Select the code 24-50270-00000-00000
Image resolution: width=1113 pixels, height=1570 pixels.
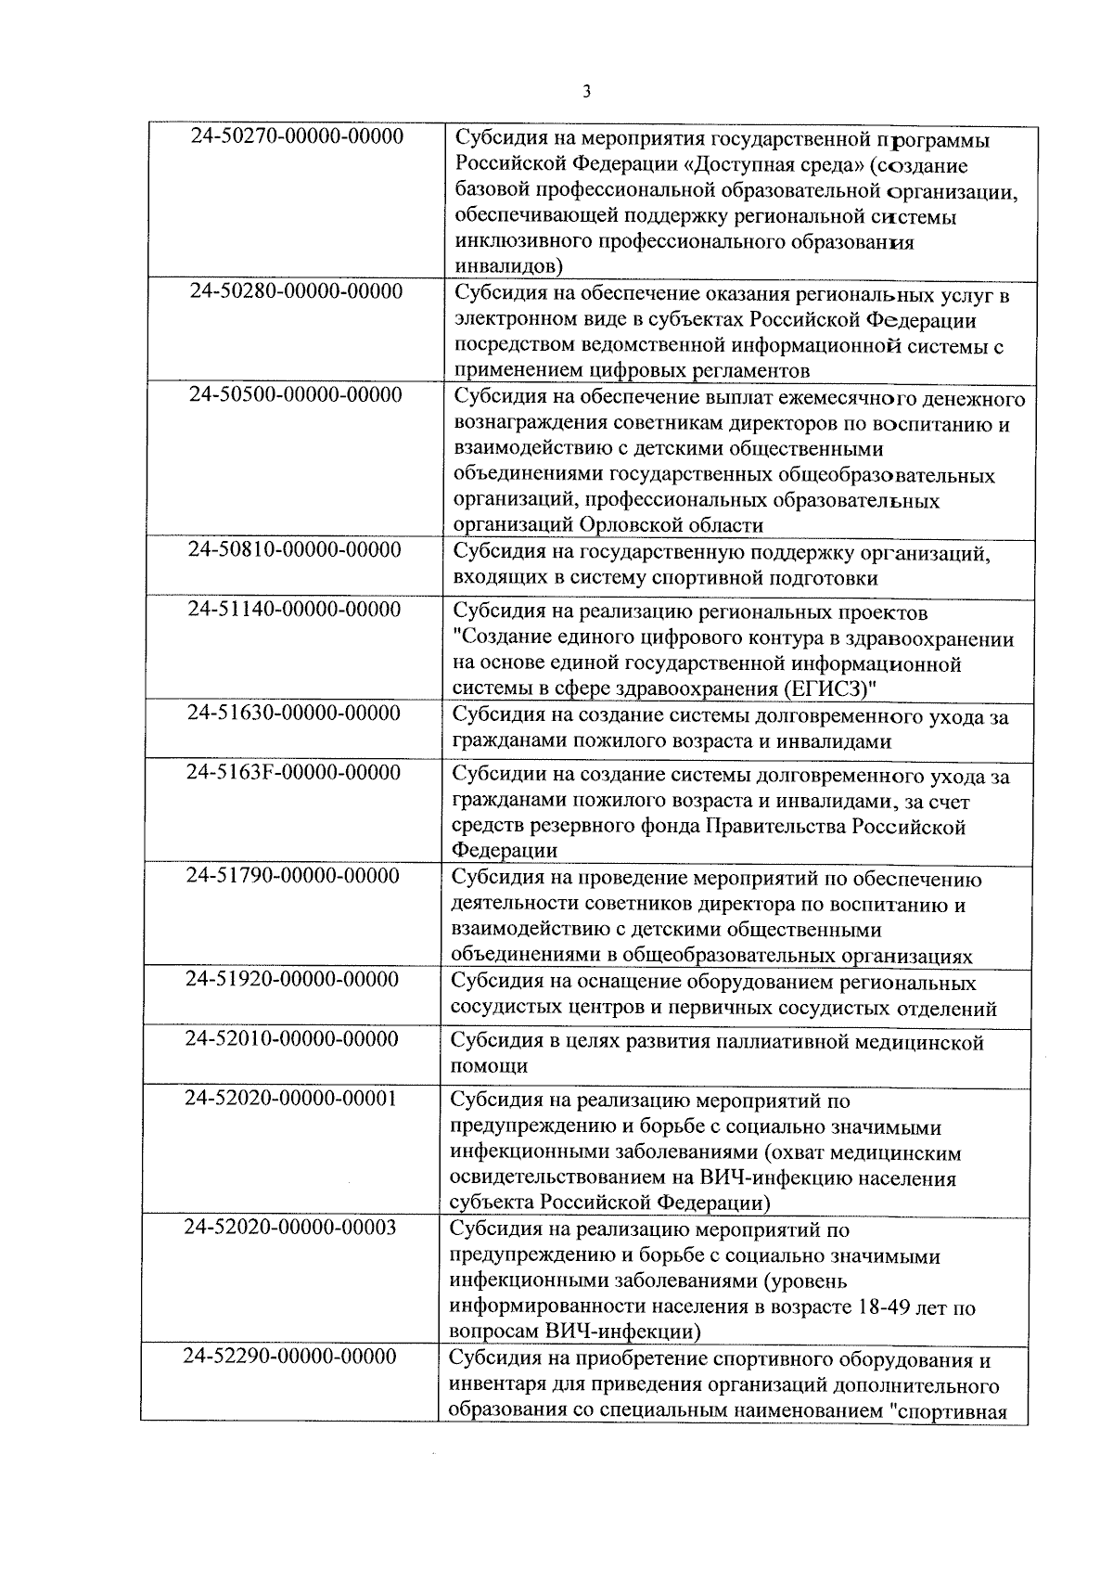coord(297,136)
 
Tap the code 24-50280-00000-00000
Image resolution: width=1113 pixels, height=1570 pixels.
coord(296,291)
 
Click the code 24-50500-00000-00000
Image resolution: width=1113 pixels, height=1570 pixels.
coord(296,394)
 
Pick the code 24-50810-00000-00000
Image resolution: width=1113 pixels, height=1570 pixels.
coord(295,549)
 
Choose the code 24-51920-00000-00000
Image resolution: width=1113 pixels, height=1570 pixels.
coord(292,979)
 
